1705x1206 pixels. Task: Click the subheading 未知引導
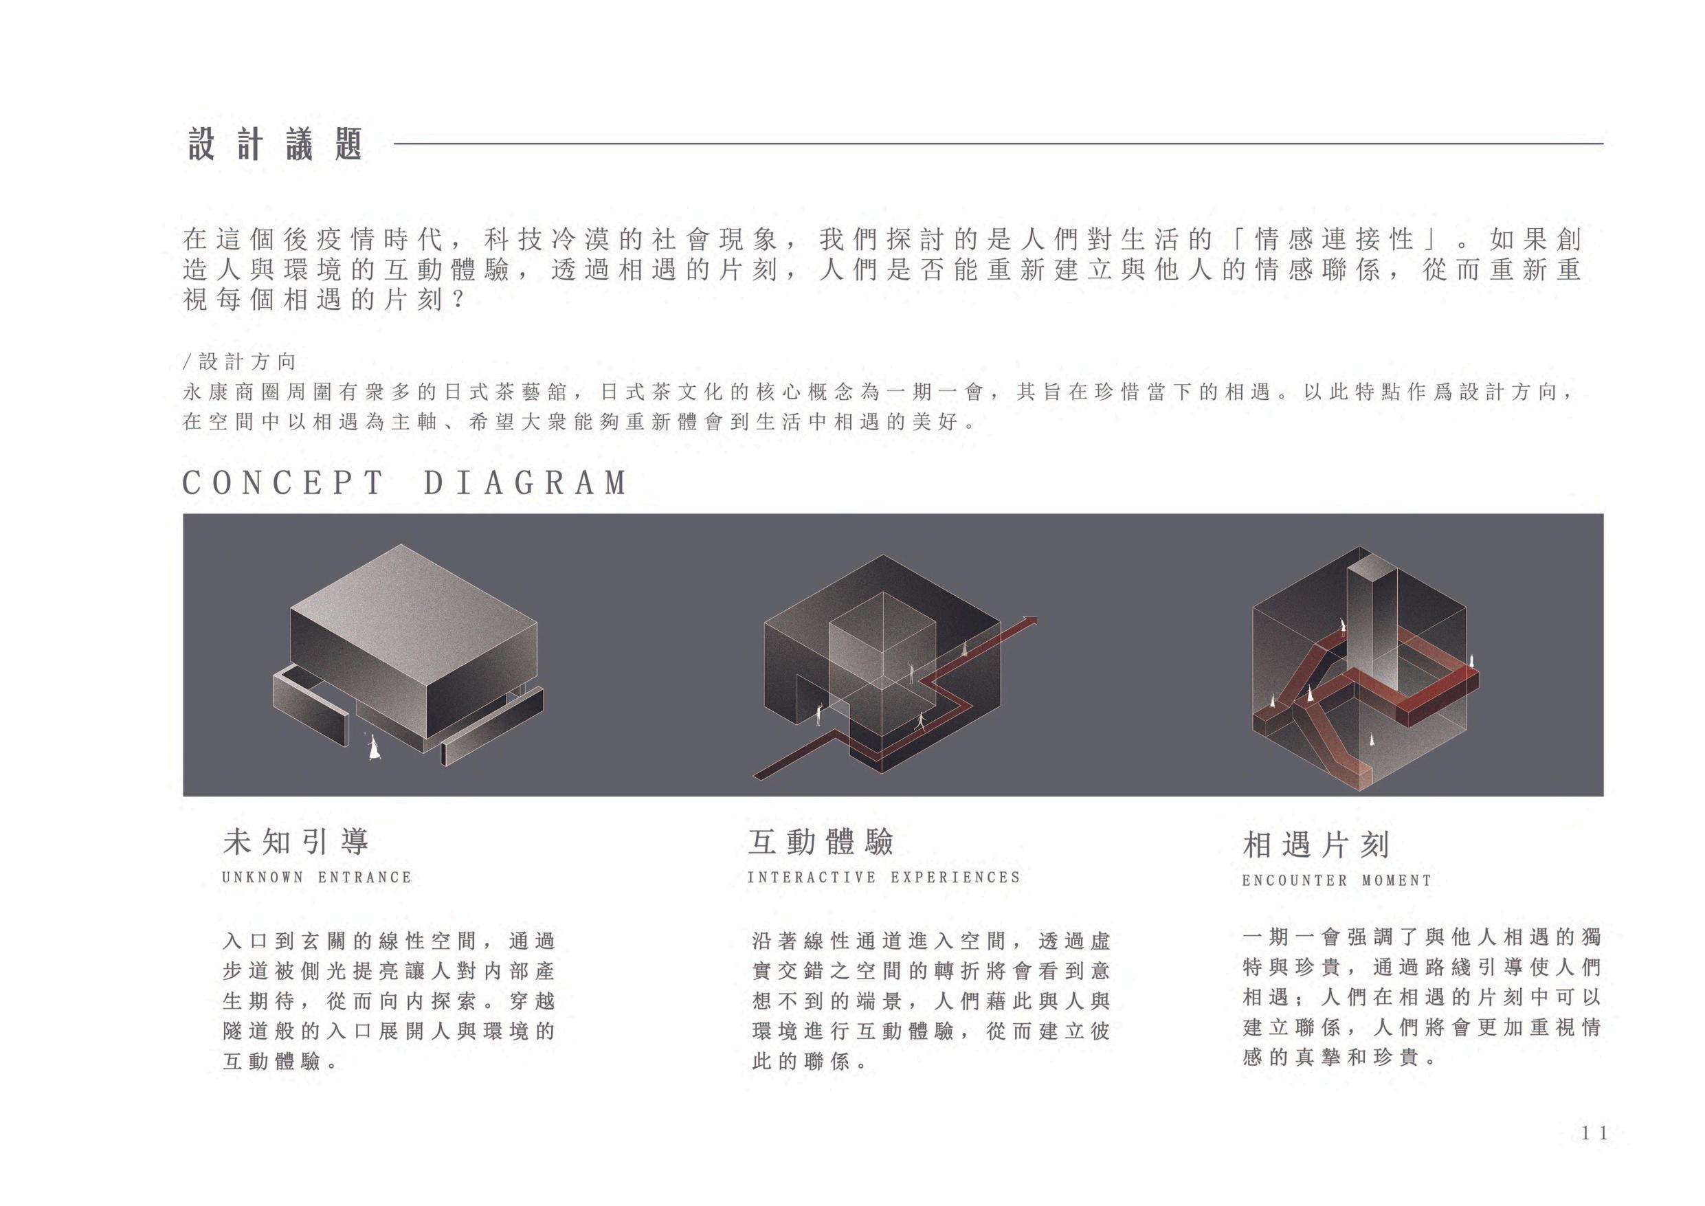pyautogui.click(x=296, y=842)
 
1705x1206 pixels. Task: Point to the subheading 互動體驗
pyautogui.click(x=821, y=842)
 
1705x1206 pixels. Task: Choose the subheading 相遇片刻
pyautogui.click(x=1315, y=845)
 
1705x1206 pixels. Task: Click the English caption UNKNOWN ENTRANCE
pyautogui.click(x=316, y=878)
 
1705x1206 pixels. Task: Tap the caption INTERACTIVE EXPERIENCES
pyautogui.click(x=884, y=878)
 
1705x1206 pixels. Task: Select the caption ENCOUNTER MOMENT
pyautogui.click(x=1337, y=881)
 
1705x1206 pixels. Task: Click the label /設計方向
pyautogui.click(x=239, y=361)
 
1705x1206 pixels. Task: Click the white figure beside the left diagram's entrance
pyautogui.click(x=375, y=747)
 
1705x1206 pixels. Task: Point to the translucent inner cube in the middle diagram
pyautogui.click(x=882, y=654)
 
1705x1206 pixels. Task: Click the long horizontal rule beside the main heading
pyautogui.click(x=998, y=144)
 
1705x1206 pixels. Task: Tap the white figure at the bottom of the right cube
pyautogui.click(x=1372, y=739)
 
